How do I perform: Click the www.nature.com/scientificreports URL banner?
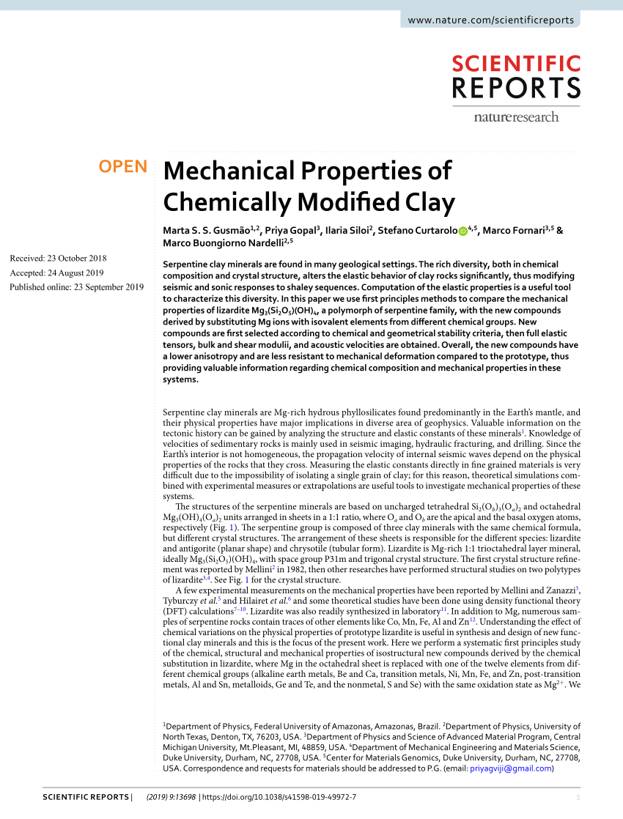click(x=491, y=21)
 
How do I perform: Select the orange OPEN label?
click(x=123, y=167)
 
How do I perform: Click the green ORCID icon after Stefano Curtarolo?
click(x=462, y=231)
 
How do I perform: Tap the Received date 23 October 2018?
click(x=58, y=258)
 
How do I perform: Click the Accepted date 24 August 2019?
click(x=57, y=273)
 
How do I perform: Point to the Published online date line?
click(x=76, y=287)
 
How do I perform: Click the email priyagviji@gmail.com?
click(x=512, y=768)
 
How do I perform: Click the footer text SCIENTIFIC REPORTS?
click(x=85, y=797)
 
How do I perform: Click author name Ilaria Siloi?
click(x=348, y=230)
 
